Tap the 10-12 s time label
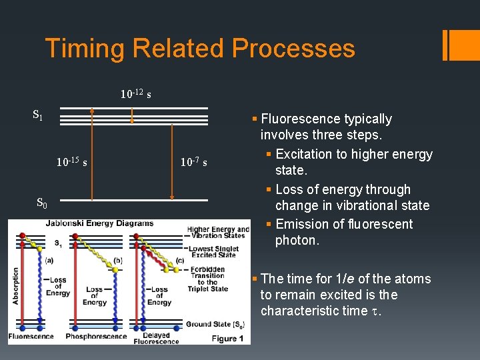[x=135, y=94]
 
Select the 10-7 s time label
[x=193, y=162]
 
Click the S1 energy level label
[x=38, y=115]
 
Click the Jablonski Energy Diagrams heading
[x=99, y=223]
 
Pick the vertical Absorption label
[x=15, y=286]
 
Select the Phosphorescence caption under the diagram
[x=96, y=336]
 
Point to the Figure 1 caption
[x=229, y=339]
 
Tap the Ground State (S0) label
[x=215, y=325]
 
